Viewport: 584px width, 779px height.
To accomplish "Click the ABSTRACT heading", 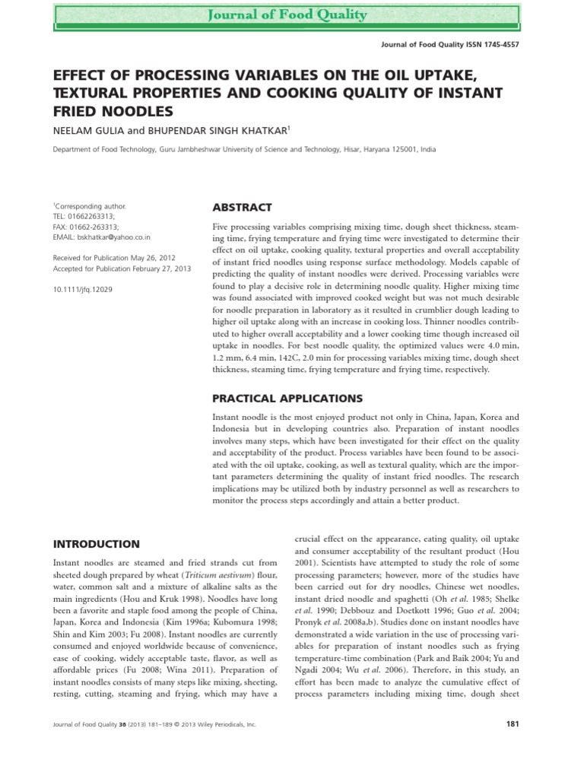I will [241, 208].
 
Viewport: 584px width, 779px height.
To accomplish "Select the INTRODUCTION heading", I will [96, 544].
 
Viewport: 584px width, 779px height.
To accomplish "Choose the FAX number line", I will [85, 227].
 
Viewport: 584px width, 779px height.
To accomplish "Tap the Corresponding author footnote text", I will [89, 205].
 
